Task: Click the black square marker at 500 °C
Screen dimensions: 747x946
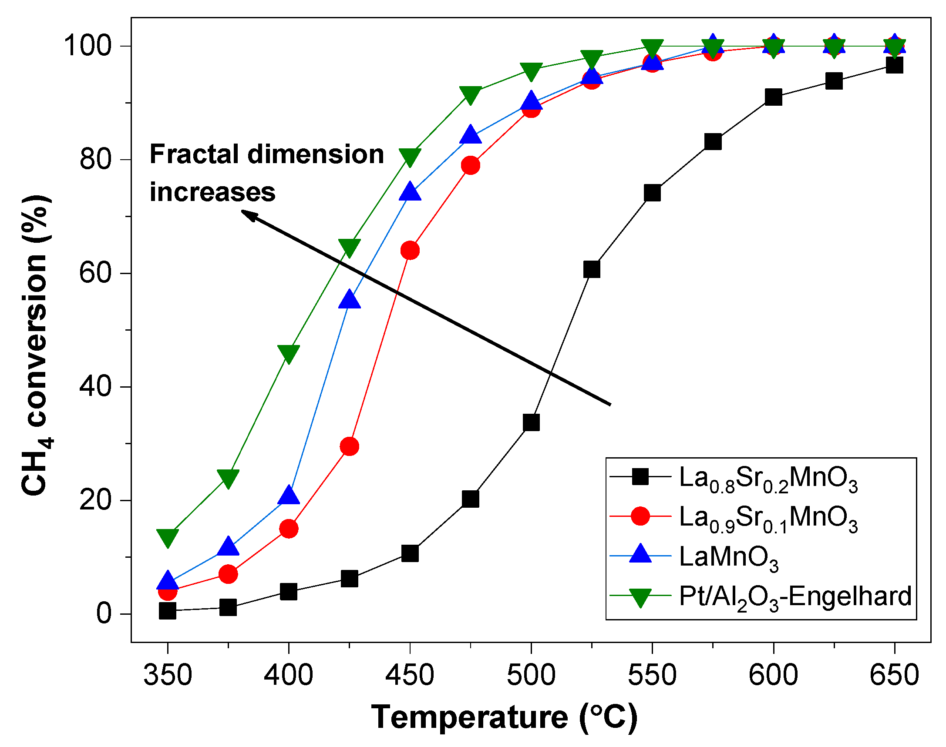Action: [x=531, y=422]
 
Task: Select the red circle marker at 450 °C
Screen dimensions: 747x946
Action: [x=410, y=250]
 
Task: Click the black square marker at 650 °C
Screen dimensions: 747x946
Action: [x=894, y=66]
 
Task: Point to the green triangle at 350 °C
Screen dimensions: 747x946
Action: [x=167, y=537]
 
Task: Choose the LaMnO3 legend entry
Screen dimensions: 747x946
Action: [x=728, y=557]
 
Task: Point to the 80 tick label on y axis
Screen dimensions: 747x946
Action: [x=94, y=159]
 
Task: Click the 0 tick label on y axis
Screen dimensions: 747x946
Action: [x=104, y=613]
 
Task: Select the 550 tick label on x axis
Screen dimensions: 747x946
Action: [x=652, y=675]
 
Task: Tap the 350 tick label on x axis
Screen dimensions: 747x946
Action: [x=168, y=675]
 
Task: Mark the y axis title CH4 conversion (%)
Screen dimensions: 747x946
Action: [x=37, y=345]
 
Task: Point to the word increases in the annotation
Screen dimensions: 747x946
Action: [x=212, y=192]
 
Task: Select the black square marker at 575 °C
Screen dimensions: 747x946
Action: [x=713, y=142]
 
